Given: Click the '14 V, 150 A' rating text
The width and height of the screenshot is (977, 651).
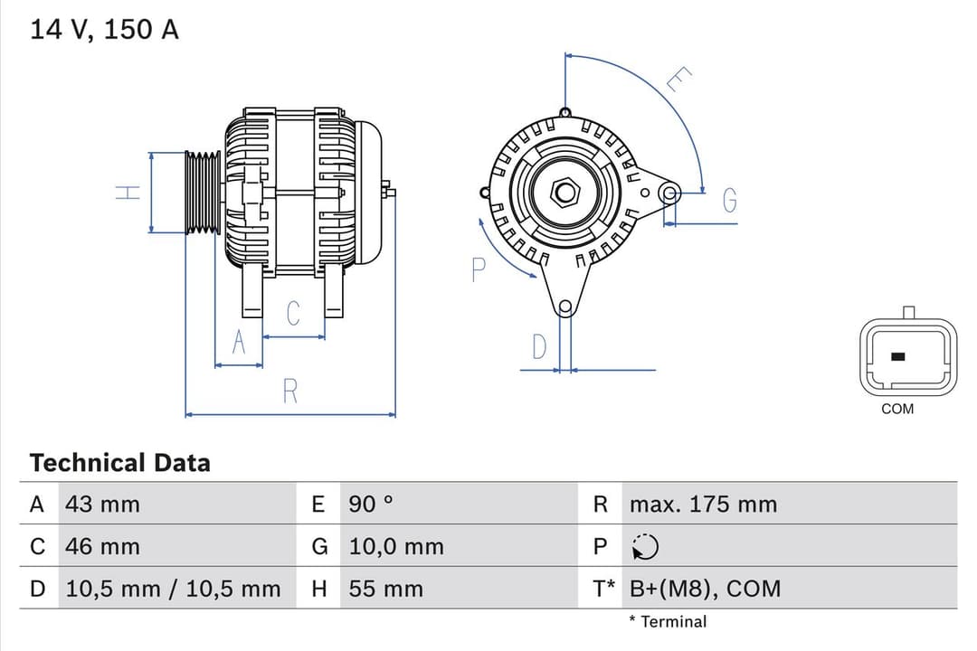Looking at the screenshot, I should (104, 30).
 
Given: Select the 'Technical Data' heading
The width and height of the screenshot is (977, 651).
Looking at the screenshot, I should (119, 463).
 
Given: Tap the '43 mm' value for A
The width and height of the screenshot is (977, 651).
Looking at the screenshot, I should (102, 505).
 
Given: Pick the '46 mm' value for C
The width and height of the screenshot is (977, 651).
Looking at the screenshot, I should (102, 546).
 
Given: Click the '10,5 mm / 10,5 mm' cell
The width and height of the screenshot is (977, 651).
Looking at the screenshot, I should (173, 589).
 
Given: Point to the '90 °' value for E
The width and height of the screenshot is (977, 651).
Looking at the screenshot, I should (371, 505).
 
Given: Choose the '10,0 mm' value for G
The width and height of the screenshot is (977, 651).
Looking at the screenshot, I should (396, 546).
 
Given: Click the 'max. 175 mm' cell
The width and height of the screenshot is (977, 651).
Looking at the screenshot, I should (703, 505).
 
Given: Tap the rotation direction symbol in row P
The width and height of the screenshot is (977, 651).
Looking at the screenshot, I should (645, 547).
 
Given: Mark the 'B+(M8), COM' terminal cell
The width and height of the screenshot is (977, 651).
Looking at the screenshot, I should (705, 589).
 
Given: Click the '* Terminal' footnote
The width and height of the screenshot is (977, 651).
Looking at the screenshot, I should (668, 621).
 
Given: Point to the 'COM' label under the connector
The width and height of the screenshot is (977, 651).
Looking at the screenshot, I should (897, 409).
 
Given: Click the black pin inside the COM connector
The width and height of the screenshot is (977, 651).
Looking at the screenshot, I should (898, 356).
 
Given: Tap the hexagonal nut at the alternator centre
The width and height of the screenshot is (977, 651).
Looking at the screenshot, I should (565, 192).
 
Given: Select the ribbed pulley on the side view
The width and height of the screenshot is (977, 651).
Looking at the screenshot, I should (203, 193).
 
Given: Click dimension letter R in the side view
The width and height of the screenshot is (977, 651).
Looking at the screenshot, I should (289, 392).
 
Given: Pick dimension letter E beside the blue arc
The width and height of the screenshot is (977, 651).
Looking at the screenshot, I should (678, 80).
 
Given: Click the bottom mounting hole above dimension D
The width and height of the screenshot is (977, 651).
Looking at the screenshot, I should (565, 307).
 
